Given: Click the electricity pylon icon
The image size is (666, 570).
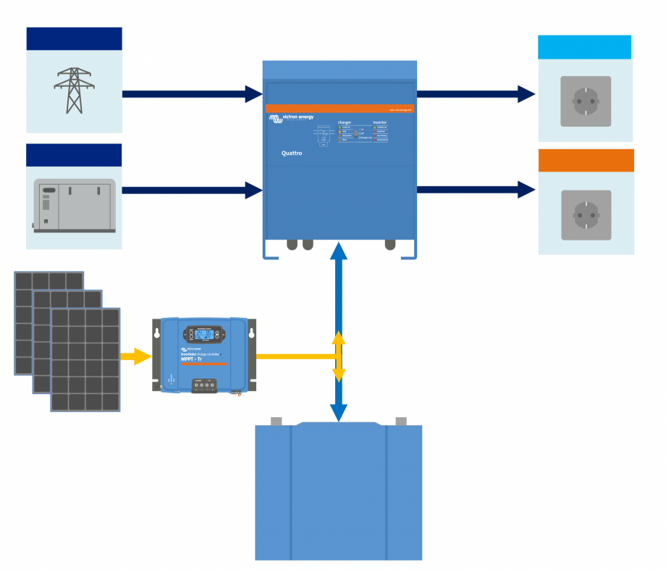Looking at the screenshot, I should click(74, 91).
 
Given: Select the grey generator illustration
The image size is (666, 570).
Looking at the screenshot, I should click(74, 206).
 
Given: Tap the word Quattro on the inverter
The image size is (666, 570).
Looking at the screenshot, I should click(292, 154).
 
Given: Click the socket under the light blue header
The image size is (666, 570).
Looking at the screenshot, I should click(586, 101).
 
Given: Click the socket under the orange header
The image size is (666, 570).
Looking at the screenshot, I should click(586, 215).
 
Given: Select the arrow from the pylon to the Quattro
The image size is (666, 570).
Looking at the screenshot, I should click(192, 94).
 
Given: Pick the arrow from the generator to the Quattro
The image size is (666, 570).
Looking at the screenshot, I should click(192, 190).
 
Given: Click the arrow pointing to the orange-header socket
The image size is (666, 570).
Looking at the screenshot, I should click(476, 190).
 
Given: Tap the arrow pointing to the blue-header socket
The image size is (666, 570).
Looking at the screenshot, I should click(476, 93).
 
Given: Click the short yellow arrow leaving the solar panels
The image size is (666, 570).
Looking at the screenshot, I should click(135, 356).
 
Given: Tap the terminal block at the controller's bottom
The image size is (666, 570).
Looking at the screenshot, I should click(205, 387).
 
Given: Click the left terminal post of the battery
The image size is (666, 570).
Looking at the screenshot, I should click(275, 422).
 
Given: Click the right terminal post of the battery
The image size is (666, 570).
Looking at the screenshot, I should click(401, 421).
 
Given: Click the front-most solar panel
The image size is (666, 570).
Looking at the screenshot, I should click(85, 360).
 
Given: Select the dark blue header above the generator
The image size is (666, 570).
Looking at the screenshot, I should click(74, 155).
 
